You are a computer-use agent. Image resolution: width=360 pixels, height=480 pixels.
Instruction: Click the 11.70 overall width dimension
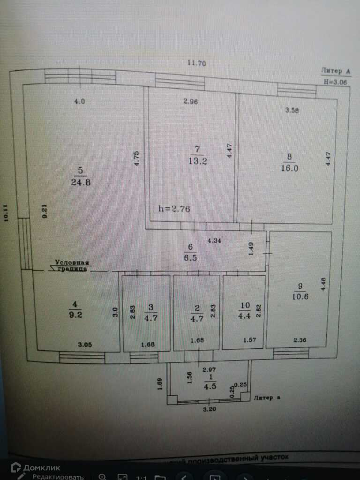197,63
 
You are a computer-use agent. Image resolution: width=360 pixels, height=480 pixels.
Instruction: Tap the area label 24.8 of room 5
81,182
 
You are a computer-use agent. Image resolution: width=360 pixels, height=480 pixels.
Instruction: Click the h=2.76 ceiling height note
174,209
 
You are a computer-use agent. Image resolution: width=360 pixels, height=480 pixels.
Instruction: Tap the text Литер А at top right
336,71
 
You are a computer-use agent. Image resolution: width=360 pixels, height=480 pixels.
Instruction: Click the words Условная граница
71,266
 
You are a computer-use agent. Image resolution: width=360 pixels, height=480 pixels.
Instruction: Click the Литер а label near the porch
267,398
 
